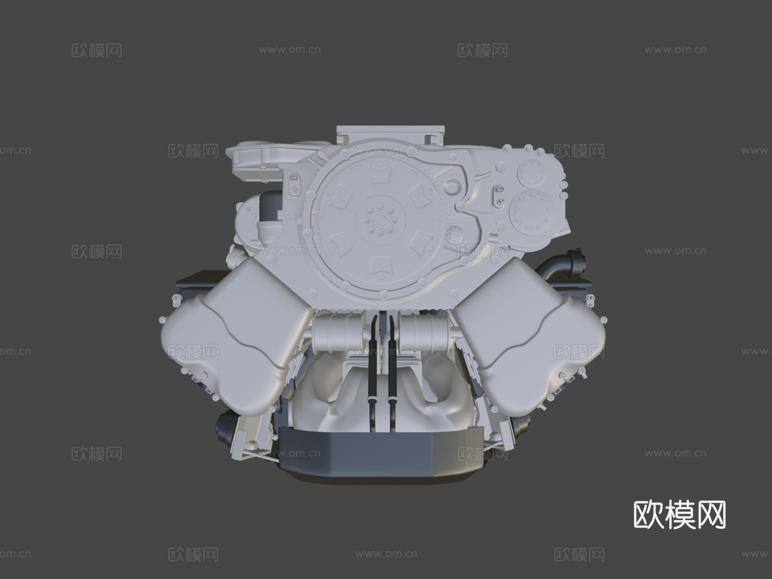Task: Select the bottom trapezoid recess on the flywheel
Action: [380, 266]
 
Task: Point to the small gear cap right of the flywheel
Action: [455, 234]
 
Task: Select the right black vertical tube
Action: [391, 369]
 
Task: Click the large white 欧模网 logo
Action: [679, 515]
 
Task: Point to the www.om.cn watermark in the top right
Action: [675, 50]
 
